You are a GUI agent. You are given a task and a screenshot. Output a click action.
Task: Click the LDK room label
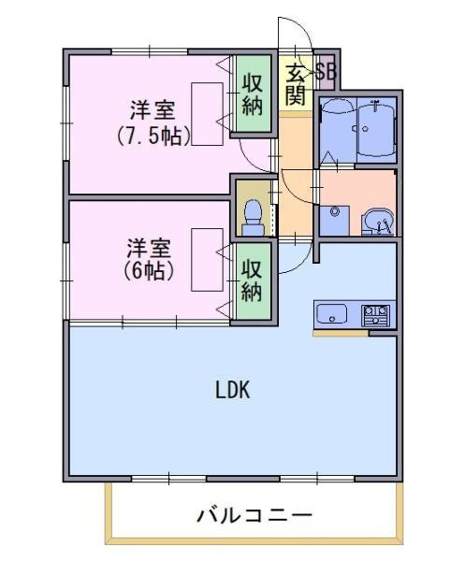(232, 390)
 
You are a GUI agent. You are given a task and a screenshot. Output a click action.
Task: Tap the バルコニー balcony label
(254, 516)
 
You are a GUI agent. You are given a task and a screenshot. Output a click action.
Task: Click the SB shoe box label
(326, 72)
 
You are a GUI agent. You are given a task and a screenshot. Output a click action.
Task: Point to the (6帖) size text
(149, 271)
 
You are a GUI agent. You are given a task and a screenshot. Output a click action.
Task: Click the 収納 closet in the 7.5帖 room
(253, 94)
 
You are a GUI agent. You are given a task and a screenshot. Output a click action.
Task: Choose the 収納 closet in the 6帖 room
(252, 280)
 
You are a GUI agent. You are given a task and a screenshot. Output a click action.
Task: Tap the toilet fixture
(253, 217)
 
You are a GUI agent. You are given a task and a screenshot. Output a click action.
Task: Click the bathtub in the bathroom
(376, 129)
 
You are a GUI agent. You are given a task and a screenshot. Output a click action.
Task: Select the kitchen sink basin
(332, 314)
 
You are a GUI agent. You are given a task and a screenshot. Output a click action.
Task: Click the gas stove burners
(375, 315)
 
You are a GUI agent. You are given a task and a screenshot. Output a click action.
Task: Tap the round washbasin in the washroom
(380, 222)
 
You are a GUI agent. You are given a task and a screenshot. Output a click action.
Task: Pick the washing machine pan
(334, 221)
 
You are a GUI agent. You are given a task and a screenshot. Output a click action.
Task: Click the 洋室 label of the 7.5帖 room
(153, 110)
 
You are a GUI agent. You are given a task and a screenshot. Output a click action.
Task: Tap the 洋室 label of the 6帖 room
(149, 249)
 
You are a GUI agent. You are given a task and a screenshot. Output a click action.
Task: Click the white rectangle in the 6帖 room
(208, 260)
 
